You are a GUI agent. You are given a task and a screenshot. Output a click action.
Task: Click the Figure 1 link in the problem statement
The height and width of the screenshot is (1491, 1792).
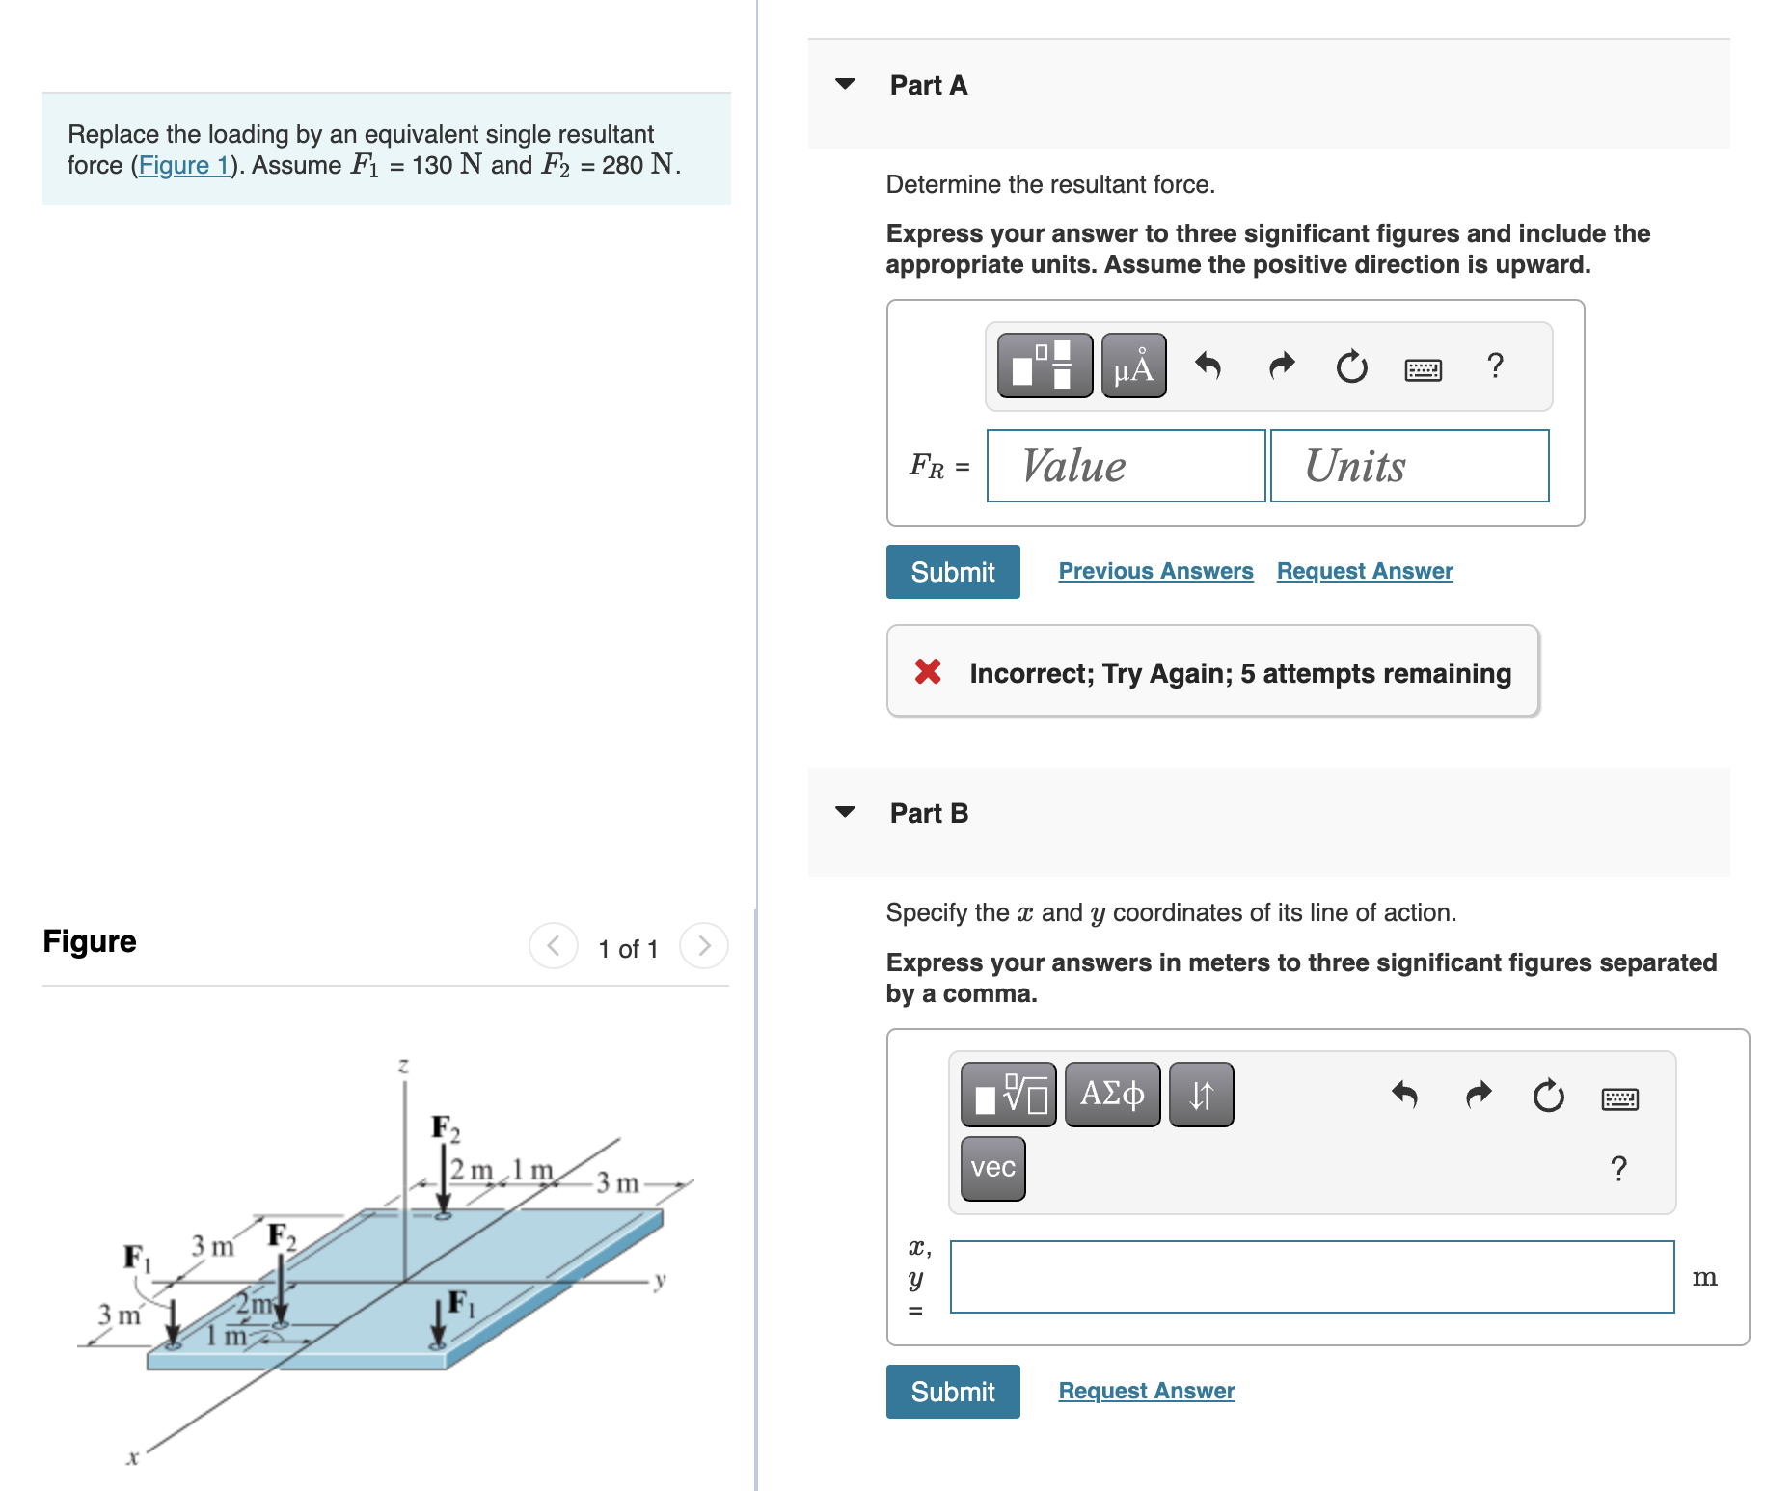(184, 166)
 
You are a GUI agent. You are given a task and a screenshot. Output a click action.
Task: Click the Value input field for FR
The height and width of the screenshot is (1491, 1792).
(1126, 466)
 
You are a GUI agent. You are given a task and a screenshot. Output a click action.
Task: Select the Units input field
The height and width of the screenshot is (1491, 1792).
(1409, 466)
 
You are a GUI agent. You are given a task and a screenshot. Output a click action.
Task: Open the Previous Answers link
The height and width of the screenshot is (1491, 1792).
(1155, 571)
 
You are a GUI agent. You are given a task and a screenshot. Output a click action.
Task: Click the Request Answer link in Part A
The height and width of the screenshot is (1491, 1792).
(1364, 571)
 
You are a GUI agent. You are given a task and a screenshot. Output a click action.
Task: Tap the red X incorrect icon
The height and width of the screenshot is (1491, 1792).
(928, 671)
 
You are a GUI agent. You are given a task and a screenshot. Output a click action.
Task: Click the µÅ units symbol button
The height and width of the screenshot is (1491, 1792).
(1133, 366)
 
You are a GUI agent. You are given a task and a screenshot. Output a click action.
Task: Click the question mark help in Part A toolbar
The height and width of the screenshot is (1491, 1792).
(1494, 366)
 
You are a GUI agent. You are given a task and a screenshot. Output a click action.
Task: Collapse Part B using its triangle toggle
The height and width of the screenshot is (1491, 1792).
(845, 812)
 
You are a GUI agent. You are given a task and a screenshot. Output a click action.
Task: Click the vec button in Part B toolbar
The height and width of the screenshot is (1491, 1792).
(992, 1168)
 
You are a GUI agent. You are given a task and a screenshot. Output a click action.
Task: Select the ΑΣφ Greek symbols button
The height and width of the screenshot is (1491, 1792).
(1112, 1095)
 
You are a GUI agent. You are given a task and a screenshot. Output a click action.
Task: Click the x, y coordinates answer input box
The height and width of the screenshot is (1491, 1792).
(1311, 1276)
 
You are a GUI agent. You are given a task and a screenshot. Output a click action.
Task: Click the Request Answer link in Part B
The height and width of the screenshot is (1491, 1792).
(1146, 1391)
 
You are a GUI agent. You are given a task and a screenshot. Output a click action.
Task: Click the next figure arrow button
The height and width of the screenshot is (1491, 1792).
(703, 946)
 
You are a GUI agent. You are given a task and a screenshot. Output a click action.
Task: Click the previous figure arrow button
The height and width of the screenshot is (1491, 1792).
(554, 946)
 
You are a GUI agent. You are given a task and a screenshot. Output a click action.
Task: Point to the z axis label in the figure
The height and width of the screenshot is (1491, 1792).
(403, 1066)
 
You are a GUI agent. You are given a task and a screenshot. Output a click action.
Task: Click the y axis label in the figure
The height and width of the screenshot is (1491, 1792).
(661, 1281)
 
